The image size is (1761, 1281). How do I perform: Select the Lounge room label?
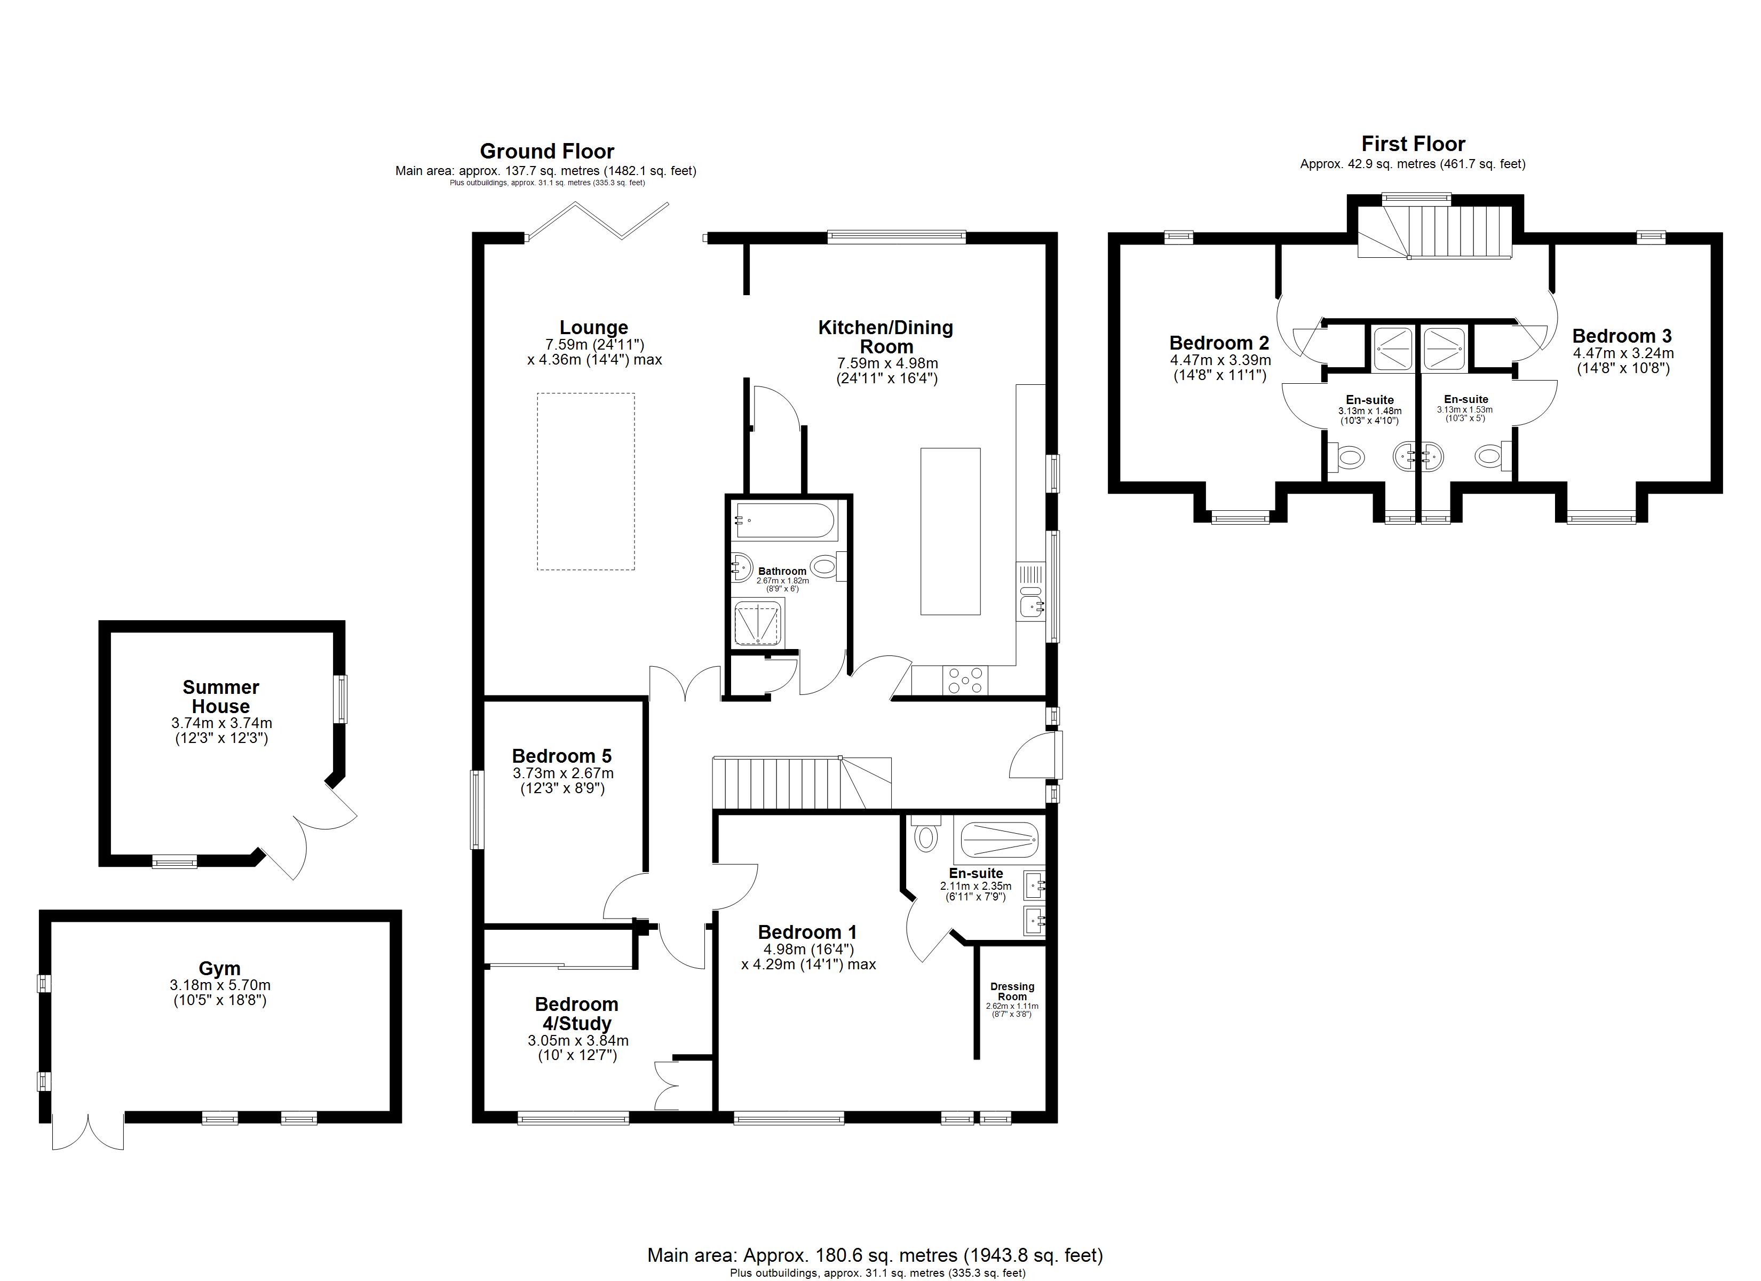pyautogui.click(x=594, y=327)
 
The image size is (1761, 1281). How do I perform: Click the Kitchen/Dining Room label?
pyautogui.click(x=886, y=337)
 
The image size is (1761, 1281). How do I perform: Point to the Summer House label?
pyautogui.click(x=221, y=697)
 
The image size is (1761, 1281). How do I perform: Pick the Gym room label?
pyautogui.click(x=220, y=969)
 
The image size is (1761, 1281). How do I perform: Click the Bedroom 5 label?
pyautogui.click(x=562, y=756)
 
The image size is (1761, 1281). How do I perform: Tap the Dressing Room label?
pyautogui.click(x=1012, y=991)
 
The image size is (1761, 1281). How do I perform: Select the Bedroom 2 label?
pyautogui.click(x=1220, y=343)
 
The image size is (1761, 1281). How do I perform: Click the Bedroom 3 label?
pyautogui.click(x=1622, y=336)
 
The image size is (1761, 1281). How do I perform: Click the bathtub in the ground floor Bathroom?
pyautogui.click(x=785, y=522)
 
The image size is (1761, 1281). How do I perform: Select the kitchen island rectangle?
pyautogui.click(x=950, y=532)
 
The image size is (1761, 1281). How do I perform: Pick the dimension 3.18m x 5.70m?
pyautogui.click(x=220, y=985)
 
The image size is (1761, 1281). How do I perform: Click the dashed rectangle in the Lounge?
pyautogui.click(x=586, y=481)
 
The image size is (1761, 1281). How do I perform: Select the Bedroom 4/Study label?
pyautogui.click(x=577, y=1014)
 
